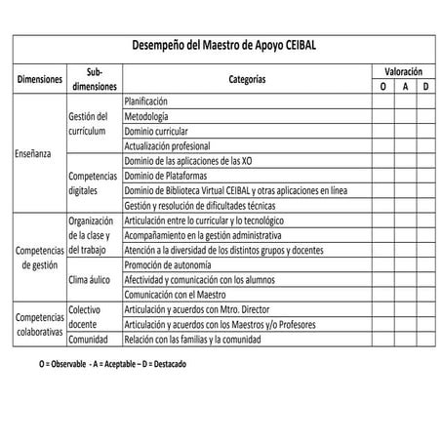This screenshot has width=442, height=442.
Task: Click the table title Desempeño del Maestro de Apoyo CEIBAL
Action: pyautogui.click(x=230, y=45)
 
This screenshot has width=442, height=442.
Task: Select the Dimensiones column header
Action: pyautogui.click(x=40, y=79)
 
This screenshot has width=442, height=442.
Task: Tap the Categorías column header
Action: pyautogui.click(x=247, y=79)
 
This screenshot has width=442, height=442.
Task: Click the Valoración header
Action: pyautogui.click(x=404, y=72)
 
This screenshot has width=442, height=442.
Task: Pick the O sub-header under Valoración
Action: pyautogui.click(x=382, y=87)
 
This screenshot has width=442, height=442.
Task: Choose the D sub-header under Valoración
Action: pyautogui.click(x=425, y=87)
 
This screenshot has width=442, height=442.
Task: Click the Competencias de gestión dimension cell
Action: pyautogui.click(x=40, y=257)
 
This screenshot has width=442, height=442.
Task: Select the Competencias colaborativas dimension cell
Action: pyautogui.click(x=40, y=324)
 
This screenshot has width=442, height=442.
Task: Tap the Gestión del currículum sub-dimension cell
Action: pyautogui.click(x=94, y=123)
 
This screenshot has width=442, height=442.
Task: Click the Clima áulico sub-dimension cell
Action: pyautogui.click(x=94, y=279)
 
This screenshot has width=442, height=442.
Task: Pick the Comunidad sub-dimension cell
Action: pyautogui.click(x=94, y=340)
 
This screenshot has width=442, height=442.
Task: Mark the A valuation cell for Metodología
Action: pyautogui.click(x=404, y=116)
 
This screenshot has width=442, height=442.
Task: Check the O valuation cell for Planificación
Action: pyautogui.click(x=382, y=101)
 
